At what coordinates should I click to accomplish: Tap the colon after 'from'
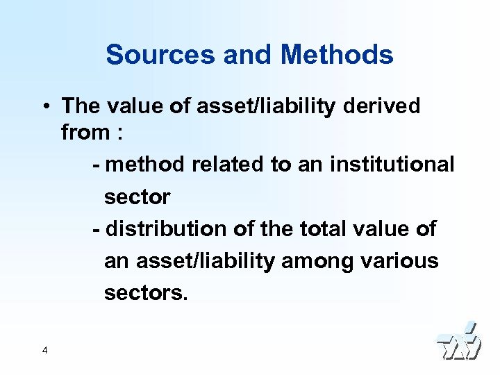click(x=119, y=132)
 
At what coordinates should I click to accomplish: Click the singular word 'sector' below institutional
click(x=137, y=197)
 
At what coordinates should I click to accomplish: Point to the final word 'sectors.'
click(x=146, y=292)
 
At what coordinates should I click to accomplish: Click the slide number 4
click(x=44, y=351)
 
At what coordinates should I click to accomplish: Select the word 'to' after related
click(x=281, y=165)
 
